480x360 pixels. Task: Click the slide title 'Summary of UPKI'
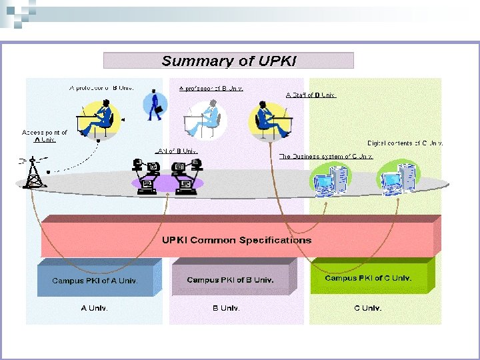229,61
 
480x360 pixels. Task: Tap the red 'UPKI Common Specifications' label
237,240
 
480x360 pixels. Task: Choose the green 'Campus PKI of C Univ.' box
368,278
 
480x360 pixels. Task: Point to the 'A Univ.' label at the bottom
95,308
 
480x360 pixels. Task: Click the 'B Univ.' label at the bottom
226,308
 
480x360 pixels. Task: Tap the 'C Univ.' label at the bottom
367,308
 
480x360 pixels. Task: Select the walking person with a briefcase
155,103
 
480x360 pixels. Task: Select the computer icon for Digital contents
399,177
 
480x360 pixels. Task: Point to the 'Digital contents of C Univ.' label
405,143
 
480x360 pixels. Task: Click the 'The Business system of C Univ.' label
325,157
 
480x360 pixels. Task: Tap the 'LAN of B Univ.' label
176,151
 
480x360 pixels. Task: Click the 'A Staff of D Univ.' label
311,95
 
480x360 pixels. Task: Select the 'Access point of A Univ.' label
45,136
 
